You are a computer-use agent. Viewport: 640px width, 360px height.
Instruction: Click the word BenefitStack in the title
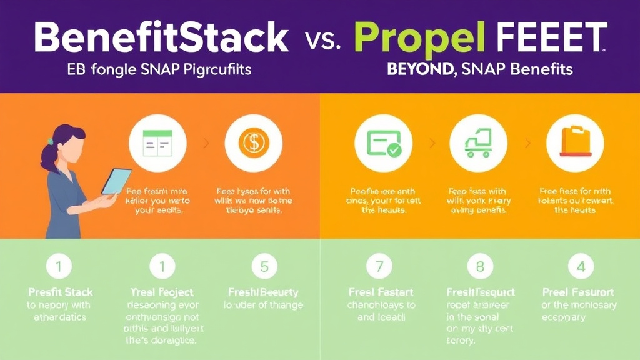click(161, 38)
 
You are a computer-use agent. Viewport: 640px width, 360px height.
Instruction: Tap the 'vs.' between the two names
click(324, 41)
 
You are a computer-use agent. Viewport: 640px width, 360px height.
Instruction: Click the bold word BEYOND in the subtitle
click(420, 69)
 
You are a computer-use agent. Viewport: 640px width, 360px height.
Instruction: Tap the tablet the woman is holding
click(116, 181)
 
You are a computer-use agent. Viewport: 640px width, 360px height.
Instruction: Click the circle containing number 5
click(264, 267)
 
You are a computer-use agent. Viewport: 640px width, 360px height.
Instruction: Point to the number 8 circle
click(480, 267)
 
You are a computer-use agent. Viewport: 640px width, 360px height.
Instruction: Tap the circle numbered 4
click(581, 267)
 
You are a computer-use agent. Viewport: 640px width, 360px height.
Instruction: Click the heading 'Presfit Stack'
click(59, 292)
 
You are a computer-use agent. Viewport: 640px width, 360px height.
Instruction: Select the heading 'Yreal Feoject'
click(162, 292)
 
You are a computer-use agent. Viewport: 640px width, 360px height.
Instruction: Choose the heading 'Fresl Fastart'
click(381, 292)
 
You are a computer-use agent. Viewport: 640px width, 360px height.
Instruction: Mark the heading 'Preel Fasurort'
click(578, 292)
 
